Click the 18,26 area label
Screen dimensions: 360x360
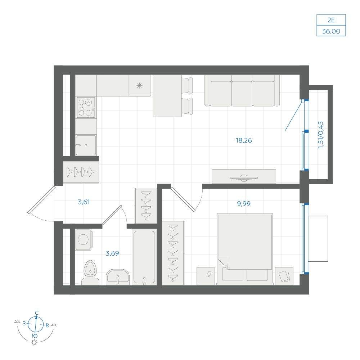[244, 140]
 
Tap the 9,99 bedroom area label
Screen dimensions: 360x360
[244, 203]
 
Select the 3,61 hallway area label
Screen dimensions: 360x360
[84, 202]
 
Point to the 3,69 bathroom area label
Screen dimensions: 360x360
[112, 253]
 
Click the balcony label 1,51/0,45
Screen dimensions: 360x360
[321, 135]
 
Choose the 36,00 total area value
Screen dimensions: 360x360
[331, 31]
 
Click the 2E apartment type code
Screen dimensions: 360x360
[331, 20]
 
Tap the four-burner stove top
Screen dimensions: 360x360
[86, 107]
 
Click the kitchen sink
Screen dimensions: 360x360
[86, 145]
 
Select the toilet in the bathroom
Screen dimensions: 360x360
[90, 273]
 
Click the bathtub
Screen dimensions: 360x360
[144, 257]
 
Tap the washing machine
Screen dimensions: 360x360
[84, 239]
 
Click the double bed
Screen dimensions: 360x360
[245, 249]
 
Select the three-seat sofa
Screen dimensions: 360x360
[242, 91]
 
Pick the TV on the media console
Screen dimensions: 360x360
[244, 177]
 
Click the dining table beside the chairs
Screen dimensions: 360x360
[167, 96]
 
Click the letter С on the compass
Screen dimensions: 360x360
[36, 313]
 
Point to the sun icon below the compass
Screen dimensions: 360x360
[35, 343]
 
